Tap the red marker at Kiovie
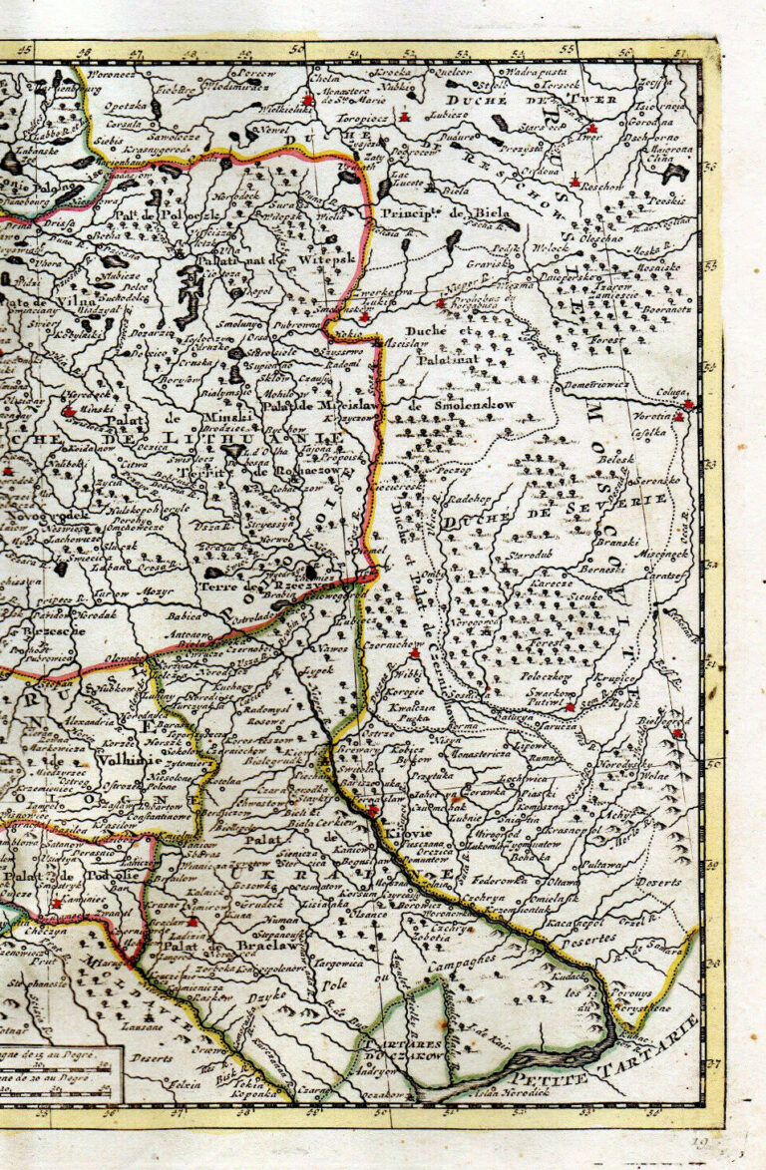click(x=373, y=812)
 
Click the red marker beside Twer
click(x=592, y=130)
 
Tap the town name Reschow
click(x=602, y=187)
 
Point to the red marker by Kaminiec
click(x=57, y=904)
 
